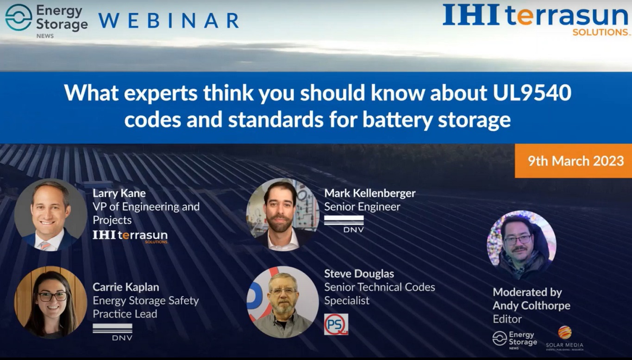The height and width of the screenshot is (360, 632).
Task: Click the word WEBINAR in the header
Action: click(x=169, y=20)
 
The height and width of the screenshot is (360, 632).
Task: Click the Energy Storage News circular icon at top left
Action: click(x=19, y=18)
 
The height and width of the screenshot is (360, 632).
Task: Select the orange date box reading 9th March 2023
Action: click(x=573, y=161)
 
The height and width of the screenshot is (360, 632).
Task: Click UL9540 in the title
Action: click(x=530, y=93)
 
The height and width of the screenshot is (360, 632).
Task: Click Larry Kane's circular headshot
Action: click(x=50, y=215)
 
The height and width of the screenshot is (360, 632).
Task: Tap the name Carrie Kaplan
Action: click(x=125, y=287)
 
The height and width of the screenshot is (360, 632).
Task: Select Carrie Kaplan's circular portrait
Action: click(x=50, y=302)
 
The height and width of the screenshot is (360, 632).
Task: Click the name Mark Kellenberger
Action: click(x=369, y=192)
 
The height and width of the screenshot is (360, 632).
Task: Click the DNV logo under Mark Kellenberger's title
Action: click(x=344, y=224)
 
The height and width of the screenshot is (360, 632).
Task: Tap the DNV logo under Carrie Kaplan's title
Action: click(x=113, y=332)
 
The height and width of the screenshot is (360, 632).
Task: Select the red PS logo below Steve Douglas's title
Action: click(x=336, y=324)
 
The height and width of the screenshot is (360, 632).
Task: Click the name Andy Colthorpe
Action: click(x=531, y=305)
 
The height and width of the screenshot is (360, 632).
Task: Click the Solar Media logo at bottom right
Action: click(x=564, y=337)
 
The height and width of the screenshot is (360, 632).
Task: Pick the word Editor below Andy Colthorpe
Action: click(x=507, y=319)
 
